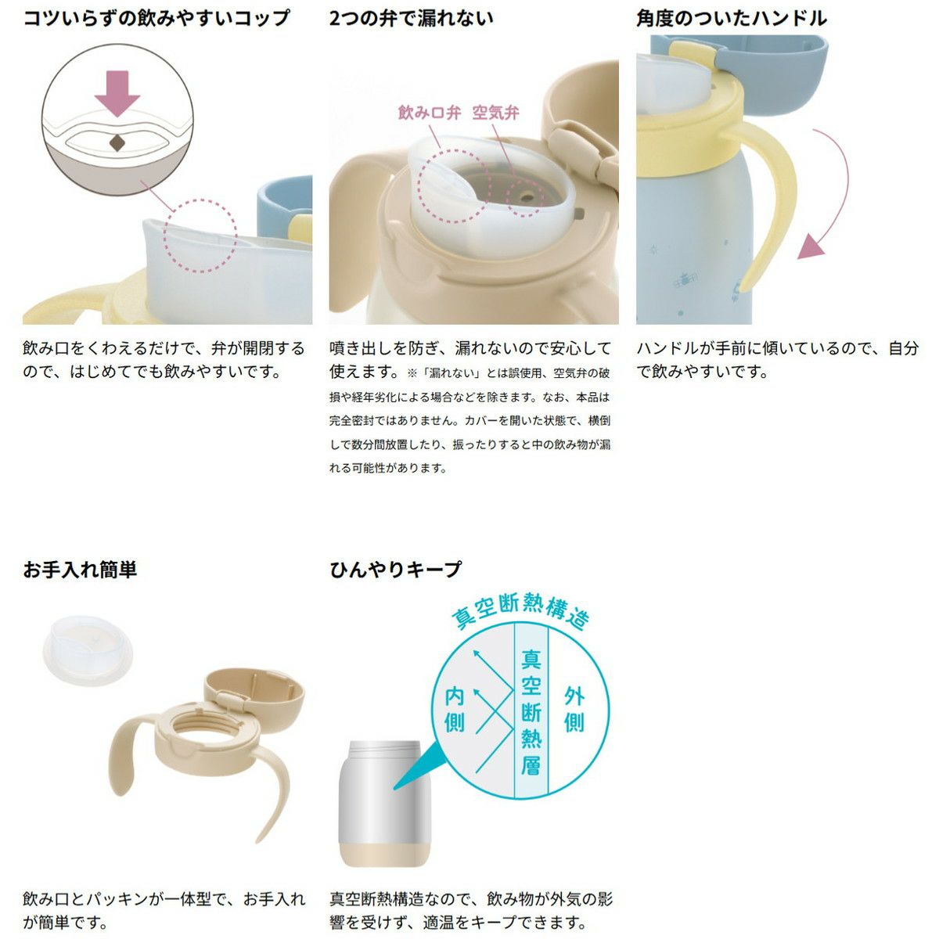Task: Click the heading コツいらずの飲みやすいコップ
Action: click(x=156, y=19)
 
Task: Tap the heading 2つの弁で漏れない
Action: click(x=412, y=19)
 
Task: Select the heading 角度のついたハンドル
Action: click(x=732, y=19)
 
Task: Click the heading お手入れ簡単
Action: click(x=80, y=569)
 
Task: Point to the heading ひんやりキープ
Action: click(x=395, y=569)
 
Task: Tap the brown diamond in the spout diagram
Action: click(x=117, y=143)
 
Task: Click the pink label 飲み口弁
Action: click(x=430, y=113)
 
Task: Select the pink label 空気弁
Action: click(x=495, y=113)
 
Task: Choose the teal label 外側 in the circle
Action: click(x=574, y=710)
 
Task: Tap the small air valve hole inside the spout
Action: click(x=527, y=198)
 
